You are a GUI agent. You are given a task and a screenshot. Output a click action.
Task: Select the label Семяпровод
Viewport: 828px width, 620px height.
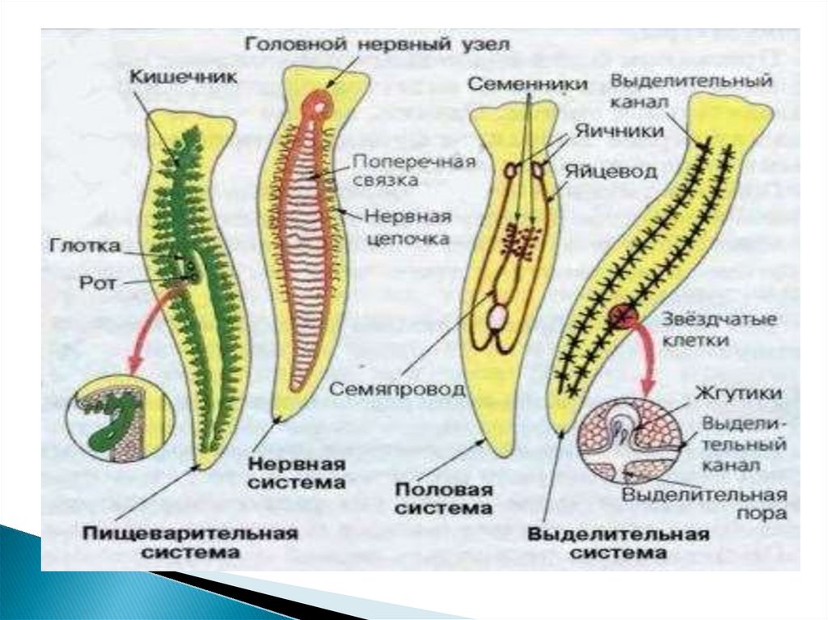click(x=396, y=389)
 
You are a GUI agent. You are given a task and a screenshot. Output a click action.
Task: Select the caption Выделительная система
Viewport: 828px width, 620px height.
click(x=619, y=543)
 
